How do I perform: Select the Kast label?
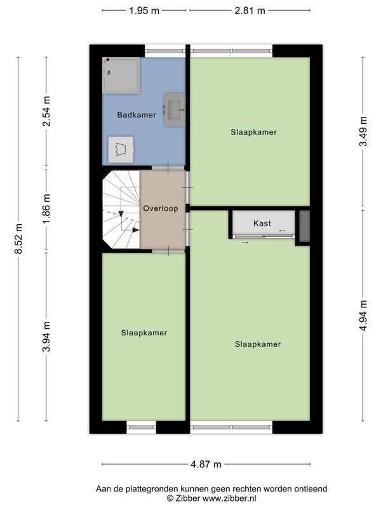click(262, 224)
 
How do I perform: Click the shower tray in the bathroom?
click(121, 74)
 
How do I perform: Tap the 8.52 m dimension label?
click(18, 239)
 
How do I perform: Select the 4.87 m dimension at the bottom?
click(206, 464)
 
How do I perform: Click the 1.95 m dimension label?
click(145, 10)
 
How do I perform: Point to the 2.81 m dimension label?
click(250, 10)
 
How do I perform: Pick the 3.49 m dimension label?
click(363, 131)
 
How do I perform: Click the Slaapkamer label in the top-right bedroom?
click(253, 132)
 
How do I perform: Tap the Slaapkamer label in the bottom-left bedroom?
click(144, 333)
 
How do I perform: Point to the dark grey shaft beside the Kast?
click(304, 226)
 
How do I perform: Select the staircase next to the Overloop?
click(121, 210)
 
